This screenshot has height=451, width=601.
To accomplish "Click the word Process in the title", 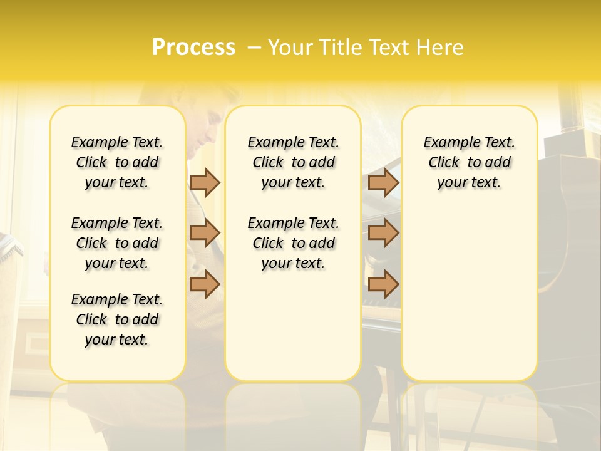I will click(193, 48).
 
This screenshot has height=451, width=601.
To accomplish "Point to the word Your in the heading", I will click(290, 48).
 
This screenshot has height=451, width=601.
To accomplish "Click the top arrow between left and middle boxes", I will click(205, 182).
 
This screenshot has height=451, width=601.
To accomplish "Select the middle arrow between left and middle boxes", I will click(205, 232).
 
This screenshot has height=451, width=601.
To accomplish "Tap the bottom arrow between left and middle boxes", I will click(205, 284).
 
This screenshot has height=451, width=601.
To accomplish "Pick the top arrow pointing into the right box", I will click(384, 182).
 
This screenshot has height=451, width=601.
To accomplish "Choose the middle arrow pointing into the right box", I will click(384, 232).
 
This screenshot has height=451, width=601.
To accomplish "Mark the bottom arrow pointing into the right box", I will click(384, 284).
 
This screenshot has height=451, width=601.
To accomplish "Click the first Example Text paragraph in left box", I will click(117, 162).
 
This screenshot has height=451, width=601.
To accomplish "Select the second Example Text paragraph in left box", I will click(117, 243).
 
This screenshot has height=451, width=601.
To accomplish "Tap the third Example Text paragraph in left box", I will click(117, 319).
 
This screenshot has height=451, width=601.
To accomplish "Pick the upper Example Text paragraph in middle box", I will click(294, 162).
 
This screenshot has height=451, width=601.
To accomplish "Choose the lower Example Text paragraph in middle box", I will click(294, 243).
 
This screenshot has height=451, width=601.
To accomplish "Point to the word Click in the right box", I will click(444, 162).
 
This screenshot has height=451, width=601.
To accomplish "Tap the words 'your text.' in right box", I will click(469, 182).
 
